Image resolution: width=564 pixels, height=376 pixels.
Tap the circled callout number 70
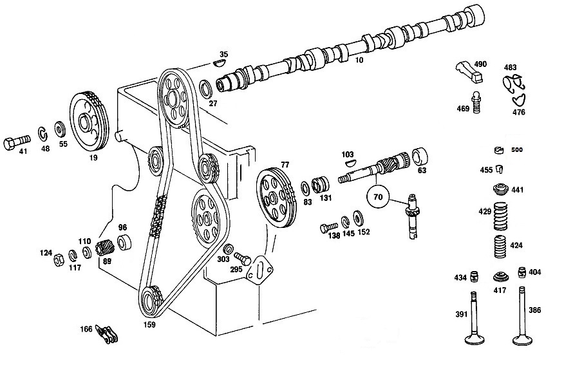378,197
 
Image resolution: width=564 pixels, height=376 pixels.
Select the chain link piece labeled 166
107,334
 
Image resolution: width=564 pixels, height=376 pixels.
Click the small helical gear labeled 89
105,247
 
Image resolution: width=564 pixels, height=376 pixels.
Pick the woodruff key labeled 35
219,63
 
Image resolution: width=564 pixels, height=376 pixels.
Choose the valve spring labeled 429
500,216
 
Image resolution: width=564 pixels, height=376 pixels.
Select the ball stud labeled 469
476,102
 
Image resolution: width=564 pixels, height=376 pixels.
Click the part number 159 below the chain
149,324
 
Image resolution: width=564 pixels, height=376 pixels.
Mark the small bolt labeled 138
329,227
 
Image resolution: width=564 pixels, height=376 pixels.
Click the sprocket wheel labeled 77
276,198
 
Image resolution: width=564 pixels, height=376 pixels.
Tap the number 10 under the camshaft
359,60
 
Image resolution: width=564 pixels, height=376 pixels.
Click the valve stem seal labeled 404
522,272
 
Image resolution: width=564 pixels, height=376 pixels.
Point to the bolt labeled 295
243,259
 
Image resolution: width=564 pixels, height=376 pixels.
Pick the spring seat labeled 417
501,277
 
